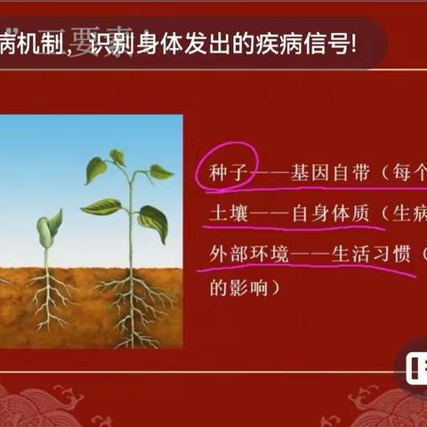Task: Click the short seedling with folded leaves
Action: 48,233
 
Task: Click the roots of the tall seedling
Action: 133,302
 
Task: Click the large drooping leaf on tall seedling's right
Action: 153,222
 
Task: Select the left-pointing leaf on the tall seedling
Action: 101,206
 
